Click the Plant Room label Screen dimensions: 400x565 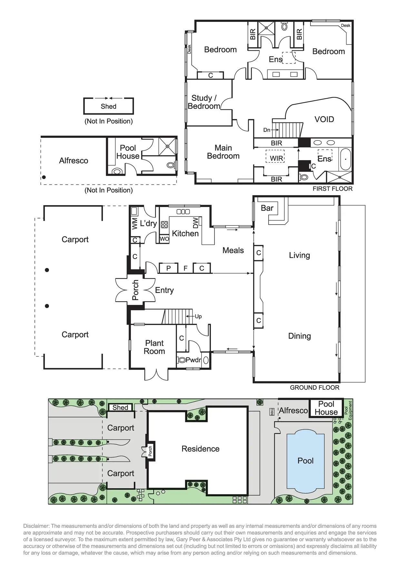pyautogui.click(x=154, y=347)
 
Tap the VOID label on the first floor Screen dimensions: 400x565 pyautogui.click(x=324, y=120)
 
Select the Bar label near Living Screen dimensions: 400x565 pyautogui.click(x=267, y=208)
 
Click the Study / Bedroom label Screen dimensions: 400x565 pyautogui.click(x=204, y=102)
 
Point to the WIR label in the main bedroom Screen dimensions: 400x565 pyautogui.click(x=277, y=158)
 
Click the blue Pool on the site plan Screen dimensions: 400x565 pyautogui.click(x=306, y=461)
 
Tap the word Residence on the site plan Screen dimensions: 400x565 pyautogui.click(x=200, y=449)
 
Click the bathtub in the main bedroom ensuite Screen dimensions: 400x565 pyautogui.click(x=345, y=159)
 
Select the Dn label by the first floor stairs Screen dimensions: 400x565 pyautogui.click(x=267, y=130)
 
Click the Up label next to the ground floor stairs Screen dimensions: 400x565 pyautogui.click(x=198, y=317)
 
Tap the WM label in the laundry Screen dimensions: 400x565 pyautogui.click(x=135, y=224)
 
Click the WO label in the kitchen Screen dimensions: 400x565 pyautogui.click(x=164, y=239)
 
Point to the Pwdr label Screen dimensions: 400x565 pyautogui.click(x=193, y=360)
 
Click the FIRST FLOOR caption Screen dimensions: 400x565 pyautogui.click(x=333, y=189)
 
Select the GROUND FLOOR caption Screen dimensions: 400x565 pyautogui.click(x=315, y=388)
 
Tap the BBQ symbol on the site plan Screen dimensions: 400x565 pyautogui.click(x=272, y=412)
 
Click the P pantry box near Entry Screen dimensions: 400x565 pyautogui.click(x=169, y=268)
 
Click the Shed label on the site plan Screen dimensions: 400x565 pyautogui.click(x=120, y=407)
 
